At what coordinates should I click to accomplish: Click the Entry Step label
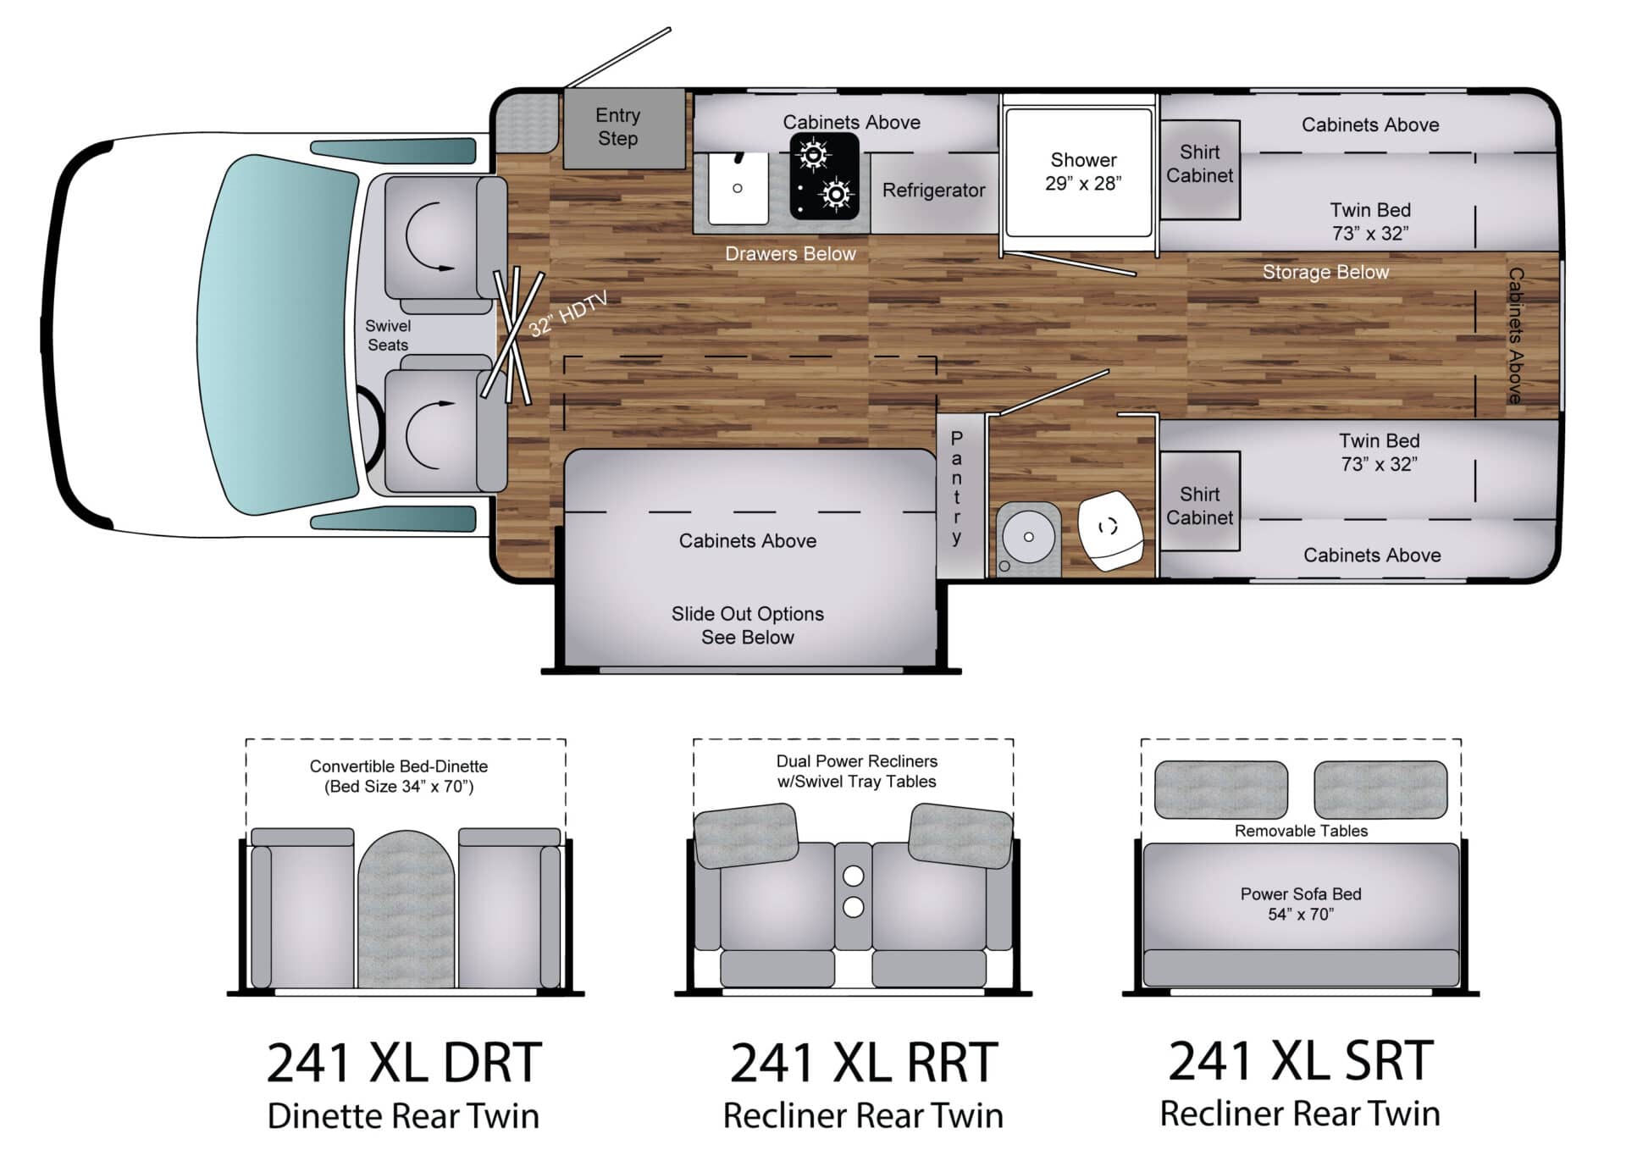617,127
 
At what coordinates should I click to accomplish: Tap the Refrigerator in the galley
933,191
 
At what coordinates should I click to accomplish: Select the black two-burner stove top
823,177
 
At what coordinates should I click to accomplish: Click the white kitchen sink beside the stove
738,188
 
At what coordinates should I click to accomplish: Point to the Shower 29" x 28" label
1082,171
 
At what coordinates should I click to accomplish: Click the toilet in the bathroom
1109,530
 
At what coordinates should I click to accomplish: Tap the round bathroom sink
1028,537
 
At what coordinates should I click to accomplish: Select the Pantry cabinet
957,489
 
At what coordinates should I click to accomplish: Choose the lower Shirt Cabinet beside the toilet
1199,506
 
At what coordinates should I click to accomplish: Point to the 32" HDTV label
568,315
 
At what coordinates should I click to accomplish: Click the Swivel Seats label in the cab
388,335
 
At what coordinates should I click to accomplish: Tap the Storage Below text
1325,272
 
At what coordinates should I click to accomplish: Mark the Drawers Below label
790,254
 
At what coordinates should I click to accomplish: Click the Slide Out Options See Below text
747,625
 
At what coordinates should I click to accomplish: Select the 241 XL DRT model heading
404,1063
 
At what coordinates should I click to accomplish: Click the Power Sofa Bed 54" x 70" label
1300,904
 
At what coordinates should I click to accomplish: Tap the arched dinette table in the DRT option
406,910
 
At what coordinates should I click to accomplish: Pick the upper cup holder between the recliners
853,875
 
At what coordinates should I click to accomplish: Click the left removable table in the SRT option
1220,789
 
